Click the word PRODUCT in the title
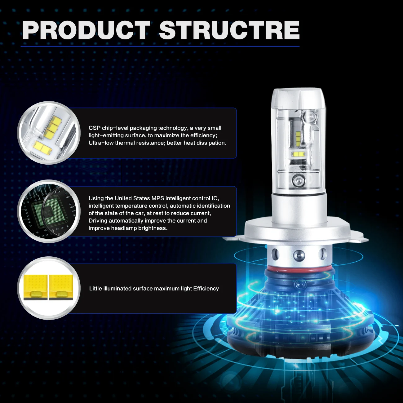[x=86, y=30]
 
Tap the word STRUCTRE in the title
[x=229, y=30]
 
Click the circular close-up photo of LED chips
[x=49, y=133]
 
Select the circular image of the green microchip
[x=49, y=211]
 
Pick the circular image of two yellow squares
[x=49, y=288]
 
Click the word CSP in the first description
[x=95, y=128]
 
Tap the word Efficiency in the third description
[x=206, y=289]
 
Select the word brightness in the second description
[x=154, y=228]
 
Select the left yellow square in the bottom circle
[x=36, y=287]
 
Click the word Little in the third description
[x=95, y=289]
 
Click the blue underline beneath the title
[x=160, y=46]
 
